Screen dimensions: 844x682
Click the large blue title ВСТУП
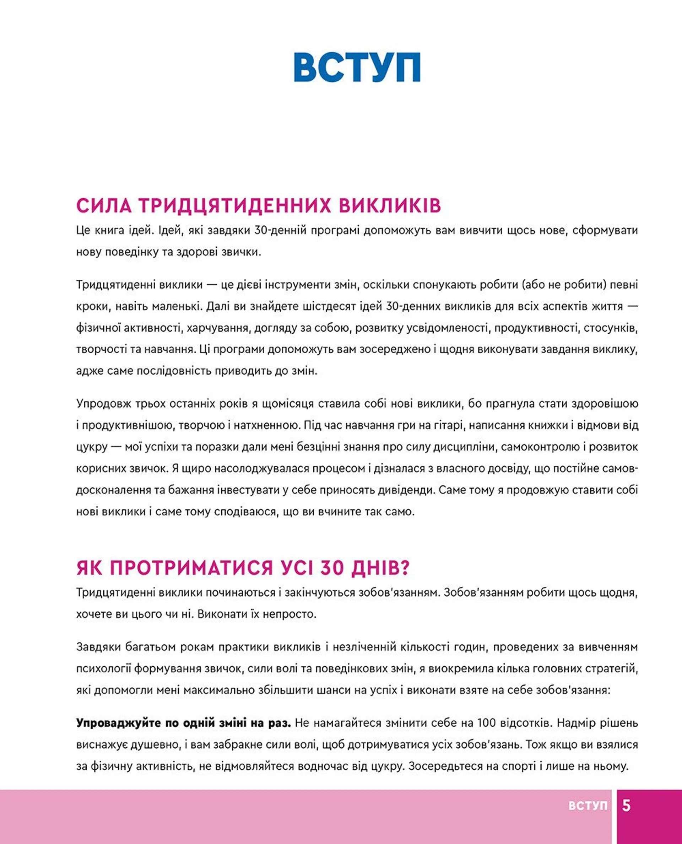[x=357, y=67]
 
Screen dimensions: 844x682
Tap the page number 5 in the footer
[x=626, y=806]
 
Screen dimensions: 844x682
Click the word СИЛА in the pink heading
[x=104, y=206]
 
